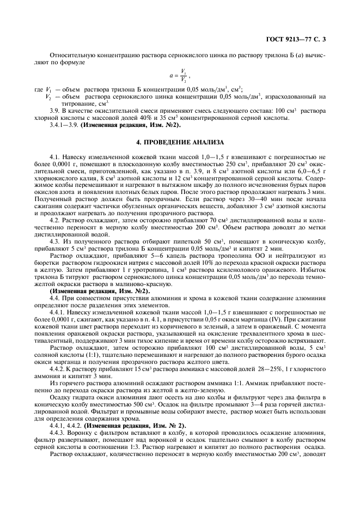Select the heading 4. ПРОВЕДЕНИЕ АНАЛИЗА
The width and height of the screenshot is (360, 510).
point(180,143)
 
